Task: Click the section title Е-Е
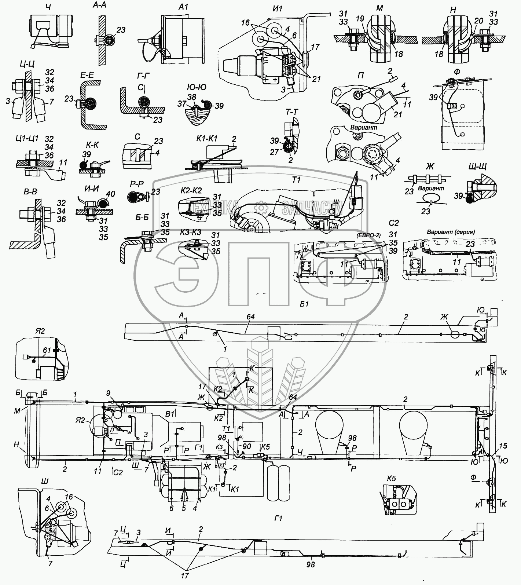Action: pos(87,76)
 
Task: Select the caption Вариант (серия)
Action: pos(451,232)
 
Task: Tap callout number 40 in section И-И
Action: pos(110,194)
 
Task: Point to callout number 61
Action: pos(46,350)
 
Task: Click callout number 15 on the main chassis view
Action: pos(503,446)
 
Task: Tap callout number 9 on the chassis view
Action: pos(108,393)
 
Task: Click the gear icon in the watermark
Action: pos(261,208)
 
